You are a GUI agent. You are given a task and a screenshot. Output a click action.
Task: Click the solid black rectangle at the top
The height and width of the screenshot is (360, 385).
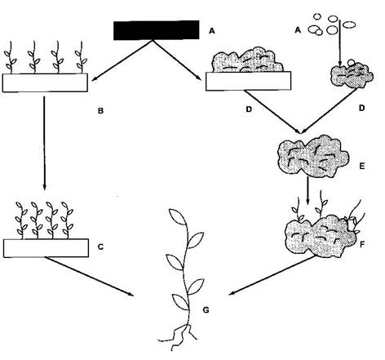coord(156,30)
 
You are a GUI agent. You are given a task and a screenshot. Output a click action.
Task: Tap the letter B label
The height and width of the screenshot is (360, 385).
coord(100,111)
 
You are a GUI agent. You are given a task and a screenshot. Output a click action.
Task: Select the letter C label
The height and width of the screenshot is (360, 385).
coord(100,247)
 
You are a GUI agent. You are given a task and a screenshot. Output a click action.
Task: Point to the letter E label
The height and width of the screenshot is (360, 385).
coord(361,166)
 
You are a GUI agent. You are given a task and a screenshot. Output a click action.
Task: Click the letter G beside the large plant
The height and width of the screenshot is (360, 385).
coord(206,309)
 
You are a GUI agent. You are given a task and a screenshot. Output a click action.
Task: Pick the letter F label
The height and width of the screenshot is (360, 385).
coord(362,245)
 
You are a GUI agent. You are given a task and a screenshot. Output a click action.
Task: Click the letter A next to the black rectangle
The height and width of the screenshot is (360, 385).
coord(211,31)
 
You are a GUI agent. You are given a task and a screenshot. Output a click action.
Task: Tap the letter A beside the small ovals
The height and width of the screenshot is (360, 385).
coord(298,30)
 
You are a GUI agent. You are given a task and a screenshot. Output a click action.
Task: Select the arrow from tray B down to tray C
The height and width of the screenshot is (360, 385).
coord(44,142)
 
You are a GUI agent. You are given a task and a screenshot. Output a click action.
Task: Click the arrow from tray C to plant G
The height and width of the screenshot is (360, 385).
coord(90,276)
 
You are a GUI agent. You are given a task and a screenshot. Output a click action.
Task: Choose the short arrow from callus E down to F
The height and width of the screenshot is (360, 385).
coord(308,191)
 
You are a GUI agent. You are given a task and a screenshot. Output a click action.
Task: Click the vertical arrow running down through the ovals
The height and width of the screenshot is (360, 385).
coord(339,42)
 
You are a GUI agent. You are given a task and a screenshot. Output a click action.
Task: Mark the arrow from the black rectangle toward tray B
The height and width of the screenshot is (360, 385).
coord(122,60)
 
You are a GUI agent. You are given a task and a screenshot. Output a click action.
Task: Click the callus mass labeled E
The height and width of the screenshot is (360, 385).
coord(312,157)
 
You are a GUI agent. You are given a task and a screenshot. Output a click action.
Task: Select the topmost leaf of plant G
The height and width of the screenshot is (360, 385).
coord(178,217)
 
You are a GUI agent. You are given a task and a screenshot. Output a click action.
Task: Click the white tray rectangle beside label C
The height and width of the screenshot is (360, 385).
coord(46,248)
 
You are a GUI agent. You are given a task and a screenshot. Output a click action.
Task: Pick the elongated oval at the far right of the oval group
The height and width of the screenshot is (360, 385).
coord(349,24)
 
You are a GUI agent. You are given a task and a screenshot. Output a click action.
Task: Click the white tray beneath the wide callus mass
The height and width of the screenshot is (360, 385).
coord(248,81)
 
